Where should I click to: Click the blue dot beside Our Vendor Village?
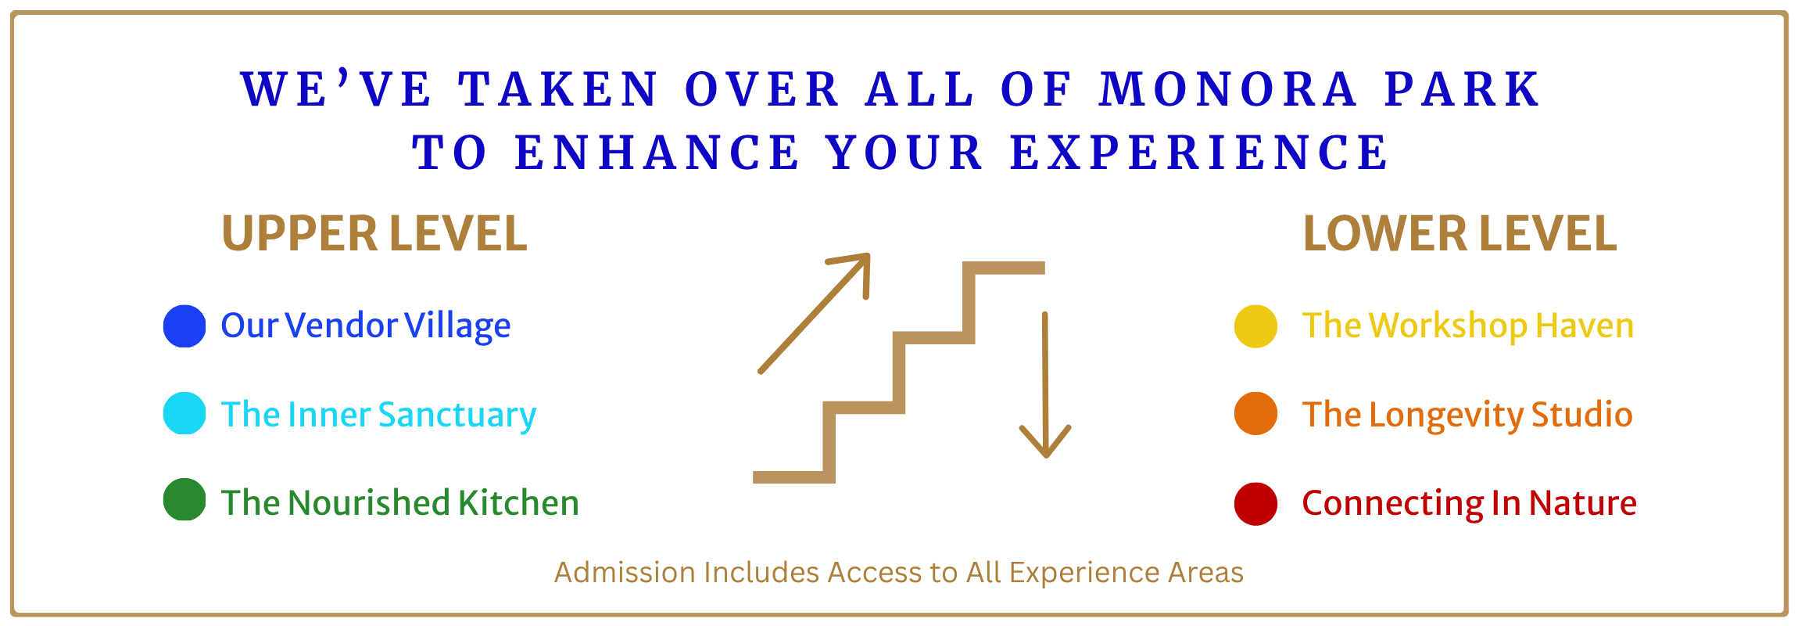[184, 326]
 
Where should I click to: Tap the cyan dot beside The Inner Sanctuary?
[184, 413]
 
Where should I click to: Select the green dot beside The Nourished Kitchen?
[184, 499]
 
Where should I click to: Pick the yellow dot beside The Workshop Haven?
[1255, 326]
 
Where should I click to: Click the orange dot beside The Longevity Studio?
[1255, 413]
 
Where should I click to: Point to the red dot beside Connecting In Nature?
[1255, 504]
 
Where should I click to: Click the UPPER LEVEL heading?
[374, 234]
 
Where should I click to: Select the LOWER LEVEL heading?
[1460, 234]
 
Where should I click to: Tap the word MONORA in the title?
[1228, 89]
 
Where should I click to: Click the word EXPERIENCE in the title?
[1199, 153]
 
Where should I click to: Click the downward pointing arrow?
[1045, 385]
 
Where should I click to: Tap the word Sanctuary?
[457, 416]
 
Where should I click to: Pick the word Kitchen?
[518, 502]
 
